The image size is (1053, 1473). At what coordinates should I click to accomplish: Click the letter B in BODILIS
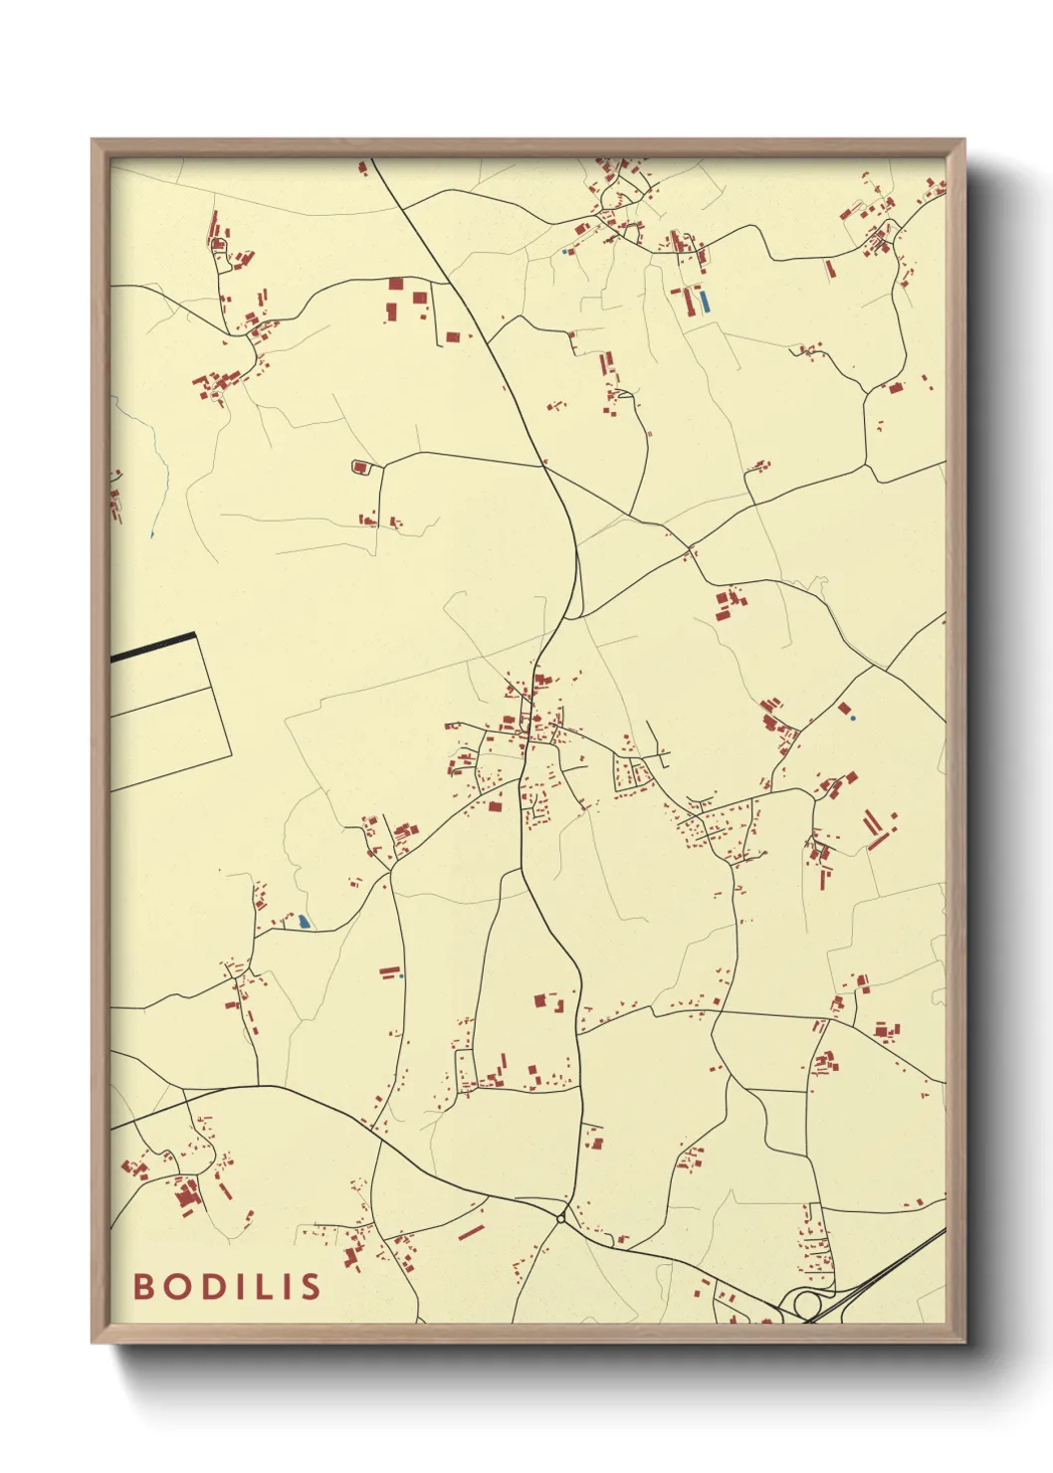(143, 1286)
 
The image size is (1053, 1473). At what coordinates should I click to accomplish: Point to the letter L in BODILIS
(262, 1286)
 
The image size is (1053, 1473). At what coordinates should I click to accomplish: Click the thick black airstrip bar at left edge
(153, 647)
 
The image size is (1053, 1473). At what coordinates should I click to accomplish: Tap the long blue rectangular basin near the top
(705, 301)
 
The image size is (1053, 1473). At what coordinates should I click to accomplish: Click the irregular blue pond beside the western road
(303, 923)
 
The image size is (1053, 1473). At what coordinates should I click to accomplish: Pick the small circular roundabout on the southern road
(561, 1218)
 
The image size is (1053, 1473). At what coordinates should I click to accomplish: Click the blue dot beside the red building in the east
(853, 717)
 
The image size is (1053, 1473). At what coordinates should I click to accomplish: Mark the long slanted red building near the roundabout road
(471, 1231)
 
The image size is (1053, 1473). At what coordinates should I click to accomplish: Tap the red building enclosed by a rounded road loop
(360, 466)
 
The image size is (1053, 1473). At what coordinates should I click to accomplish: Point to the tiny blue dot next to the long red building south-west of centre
(401, 975)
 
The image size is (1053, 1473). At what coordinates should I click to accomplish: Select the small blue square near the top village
(565, 252)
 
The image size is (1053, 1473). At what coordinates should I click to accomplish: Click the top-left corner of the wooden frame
(93, 140)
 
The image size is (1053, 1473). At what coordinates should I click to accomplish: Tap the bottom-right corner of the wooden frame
(963, 1342)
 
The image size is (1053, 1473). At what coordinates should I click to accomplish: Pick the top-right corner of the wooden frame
(963, 140)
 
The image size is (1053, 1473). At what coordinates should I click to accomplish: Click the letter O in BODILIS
(175, 1286)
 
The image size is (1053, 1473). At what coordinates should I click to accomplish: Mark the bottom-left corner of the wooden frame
(93, 1342)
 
